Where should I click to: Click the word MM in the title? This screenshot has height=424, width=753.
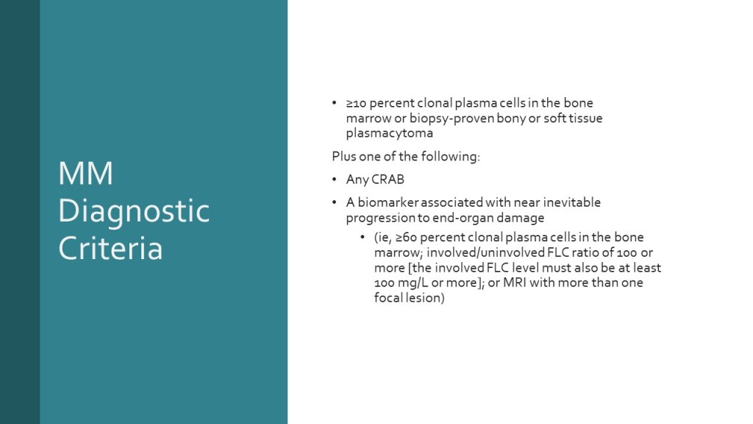point(85,173)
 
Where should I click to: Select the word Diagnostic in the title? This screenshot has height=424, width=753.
point(134,211)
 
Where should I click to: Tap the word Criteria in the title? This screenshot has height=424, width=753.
point(110,248)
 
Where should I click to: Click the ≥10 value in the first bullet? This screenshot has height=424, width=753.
point(357,103)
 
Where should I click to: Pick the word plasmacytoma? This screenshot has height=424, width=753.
point(390,133)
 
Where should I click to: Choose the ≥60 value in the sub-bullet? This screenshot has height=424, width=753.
point(406,238)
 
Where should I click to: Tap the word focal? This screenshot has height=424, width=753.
point(388,297)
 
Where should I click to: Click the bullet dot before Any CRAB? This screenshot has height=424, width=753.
point(335,180)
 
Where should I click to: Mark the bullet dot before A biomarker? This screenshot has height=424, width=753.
point(335,202)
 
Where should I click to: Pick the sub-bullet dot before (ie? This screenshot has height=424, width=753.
point(363,238)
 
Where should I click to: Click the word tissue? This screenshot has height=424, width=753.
point(585,119)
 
